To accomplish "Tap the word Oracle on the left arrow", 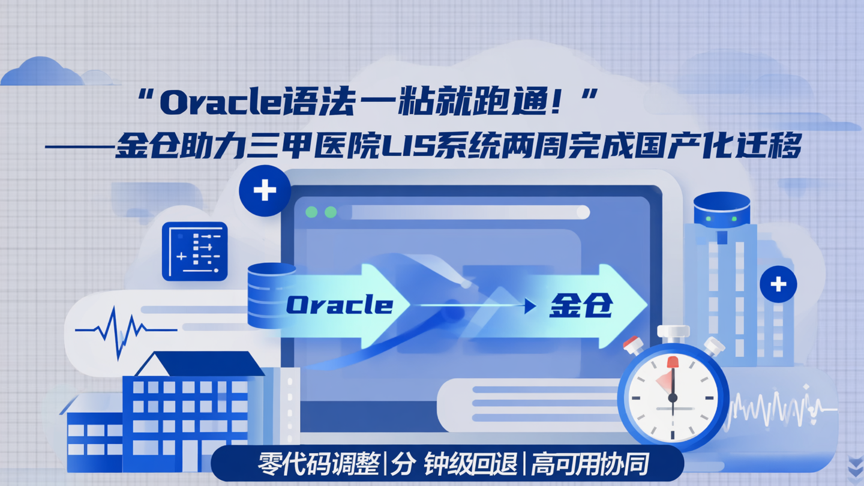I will click(339, 305).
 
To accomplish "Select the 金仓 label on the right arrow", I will click(581, 305).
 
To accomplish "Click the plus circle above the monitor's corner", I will click(265, 191).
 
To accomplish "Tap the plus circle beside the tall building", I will click(778, 284).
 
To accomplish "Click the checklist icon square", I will click(195, 251).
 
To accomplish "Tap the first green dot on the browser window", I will click(311, 212).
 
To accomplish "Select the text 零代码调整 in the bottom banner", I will click(319, 464).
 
